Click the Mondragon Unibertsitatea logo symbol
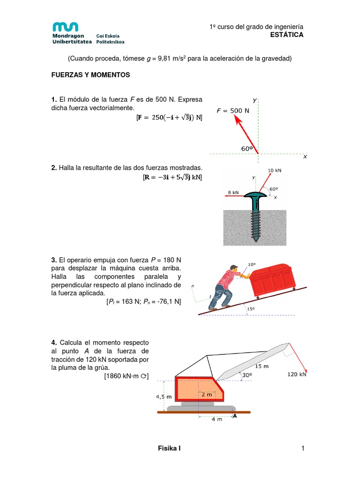65,27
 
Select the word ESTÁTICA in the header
287,35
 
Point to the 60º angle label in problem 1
247,148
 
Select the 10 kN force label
275,170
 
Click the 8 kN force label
233,192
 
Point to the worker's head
234,270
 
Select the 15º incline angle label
251,308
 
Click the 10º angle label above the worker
252,264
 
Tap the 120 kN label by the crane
297,374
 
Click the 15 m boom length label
262,366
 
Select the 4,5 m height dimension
164,397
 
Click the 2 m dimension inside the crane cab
206,394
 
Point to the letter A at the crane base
235,415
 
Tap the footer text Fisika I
169,449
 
